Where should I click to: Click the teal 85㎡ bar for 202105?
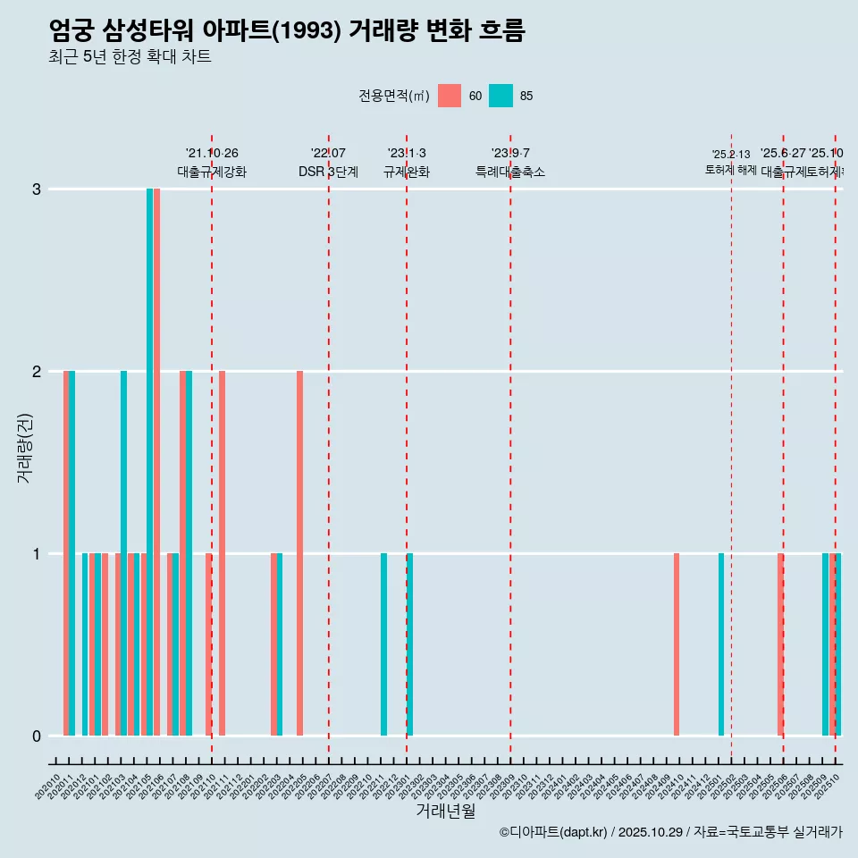click(150, 462)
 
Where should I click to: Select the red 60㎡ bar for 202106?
click(157, 462)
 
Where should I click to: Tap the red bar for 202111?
click(222, 553)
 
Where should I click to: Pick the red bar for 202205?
click(300, 553)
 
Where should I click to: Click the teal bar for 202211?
click(383, 644)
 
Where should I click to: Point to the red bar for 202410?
click(677, 644)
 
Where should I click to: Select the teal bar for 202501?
click(721, 644)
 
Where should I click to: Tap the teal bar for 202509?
click(825, 644)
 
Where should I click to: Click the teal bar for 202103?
click(124, 553)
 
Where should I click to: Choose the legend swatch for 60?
click(450, 96)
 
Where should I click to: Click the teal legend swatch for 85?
click(501, 96)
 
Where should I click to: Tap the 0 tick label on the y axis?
click(37, 736)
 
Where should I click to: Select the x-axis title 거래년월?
click(446, 811)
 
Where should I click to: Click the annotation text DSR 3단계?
click(329, 172)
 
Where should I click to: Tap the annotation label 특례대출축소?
click(510, 172)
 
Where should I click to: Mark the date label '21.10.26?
click(212, 154)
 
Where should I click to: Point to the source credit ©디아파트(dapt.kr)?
click(554, 832)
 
